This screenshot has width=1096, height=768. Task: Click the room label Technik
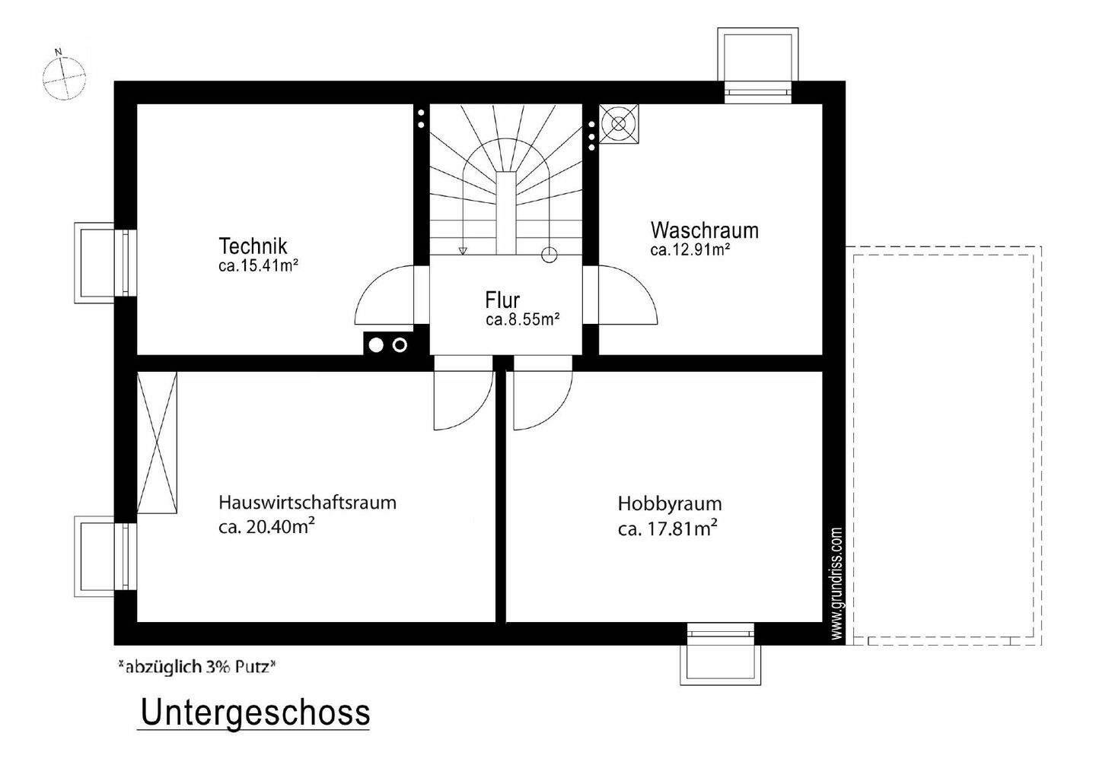coord(253,246)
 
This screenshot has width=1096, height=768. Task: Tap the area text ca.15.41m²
coord(257,265)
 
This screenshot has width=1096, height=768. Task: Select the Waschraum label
coord(704,230)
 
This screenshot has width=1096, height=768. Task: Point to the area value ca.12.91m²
coord(690,249)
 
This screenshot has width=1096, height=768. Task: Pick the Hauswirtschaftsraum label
coord(307,503)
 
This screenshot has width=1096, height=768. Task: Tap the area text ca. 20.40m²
coord(267,527)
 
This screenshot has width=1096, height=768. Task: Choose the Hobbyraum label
coord(669,503)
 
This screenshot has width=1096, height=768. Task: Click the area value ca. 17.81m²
coord(667,528)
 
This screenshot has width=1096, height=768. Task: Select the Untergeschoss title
coord(255,713)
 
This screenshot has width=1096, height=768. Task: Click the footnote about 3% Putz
coord(196,668)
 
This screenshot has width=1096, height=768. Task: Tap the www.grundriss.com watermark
coord(836,584)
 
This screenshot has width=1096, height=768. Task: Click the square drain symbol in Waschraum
coord(619,123)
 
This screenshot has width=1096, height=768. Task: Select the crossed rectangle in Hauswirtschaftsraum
coord(158,442)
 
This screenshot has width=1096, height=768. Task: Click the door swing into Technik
coord(385,297)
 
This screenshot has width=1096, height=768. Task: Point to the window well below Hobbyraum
coord(720,656)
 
